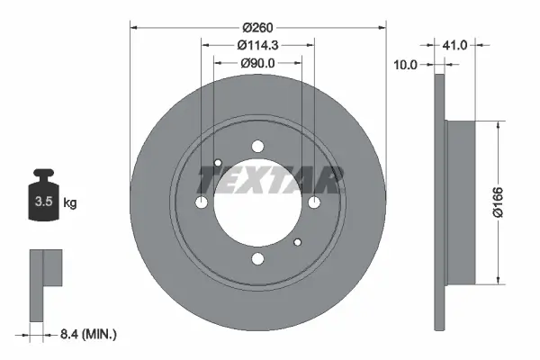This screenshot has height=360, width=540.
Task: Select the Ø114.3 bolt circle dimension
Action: coord(256,46)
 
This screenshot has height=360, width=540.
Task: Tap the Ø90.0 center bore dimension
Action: coord(257,63)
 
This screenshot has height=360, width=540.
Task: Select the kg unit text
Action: coord(70,203)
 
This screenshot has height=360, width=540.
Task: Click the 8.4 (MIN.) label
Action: coord(87,335)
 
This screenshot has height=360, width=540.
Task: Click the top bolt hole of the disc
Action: coord(258,147)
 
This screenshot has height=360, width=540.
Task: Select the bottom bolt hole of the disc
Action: coord(258,260)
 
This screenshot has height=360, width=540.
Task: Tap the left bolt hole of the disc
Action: coord(202,203)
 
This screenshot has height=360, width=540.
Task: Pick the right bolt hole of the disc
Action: coord(314,203)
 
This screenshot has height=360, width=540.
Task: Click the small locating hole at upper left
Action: coord(219,163)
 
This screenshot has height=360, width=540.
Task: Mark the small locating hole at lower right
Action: coord(298,242)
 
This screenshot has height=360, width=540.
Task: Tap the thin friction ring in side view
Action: coord(440,202)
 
